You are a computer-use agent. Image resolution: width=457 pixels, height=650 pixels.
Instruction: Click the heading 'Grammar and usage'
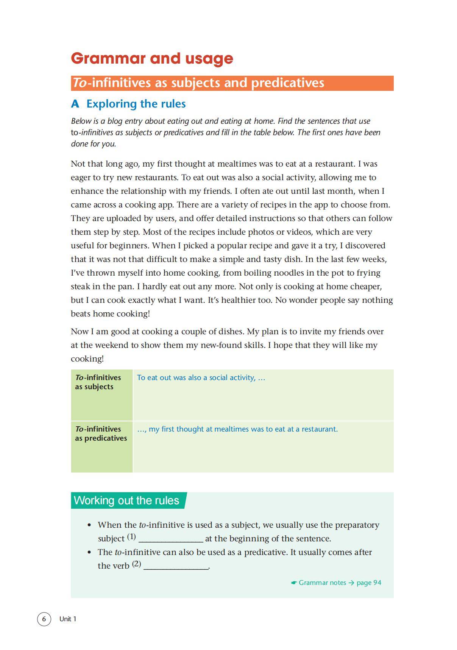click(x=152, y=58)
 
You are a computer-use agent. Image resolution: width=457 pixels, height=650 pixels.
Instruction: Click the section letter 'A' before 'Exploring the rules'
click(x=75, y=104)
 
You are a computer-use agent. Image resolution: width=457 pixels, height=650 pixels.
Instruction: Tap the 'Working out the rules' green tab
click(x=126, y=500)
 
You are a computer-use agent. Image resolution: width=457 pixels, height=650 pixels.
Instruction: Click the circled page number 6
click(x=44, y=619)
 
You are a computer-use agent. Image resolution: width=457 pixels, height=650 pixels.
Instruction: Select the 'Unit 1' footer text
click(x=68, y=619)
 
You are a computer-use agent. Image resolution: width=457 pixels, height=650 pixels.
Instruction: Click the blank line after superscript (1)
click(x=171, y=539)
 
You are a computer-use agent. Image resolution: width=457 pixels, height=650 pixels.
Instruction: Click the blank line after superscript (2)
click(x=176, y=566)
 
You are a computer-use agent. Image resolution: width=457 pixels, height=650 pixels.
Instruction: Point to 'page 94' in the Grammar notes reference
click(x=369, y=583)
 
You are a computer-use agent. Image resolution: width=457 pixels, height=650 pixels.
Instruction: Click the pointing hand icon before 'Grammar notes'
click(x=294, y=583)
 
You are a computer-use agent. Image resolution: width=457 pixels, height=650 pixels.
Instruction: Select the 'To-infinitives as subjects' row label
click(x=98, y=382)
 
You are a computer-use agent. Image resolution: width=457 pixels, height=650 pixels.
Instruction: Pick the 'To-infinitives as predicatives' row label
click(x=101, y=433)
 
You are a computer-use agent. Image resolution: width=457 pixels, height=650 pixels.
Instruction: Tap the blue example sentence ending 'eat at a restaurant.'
click(x=237, y=429)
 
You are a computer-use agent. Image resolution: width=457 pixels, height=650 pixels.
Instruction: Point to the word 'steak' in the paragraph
click(x=80, y=286)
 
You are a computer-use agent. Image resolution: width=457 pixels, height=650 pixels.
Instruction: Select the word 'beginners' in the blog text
click(x=129, y=245)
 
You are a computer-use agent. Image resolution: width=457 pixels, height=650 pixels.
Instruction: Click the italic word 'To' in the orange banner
click(x=80, y=83)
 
